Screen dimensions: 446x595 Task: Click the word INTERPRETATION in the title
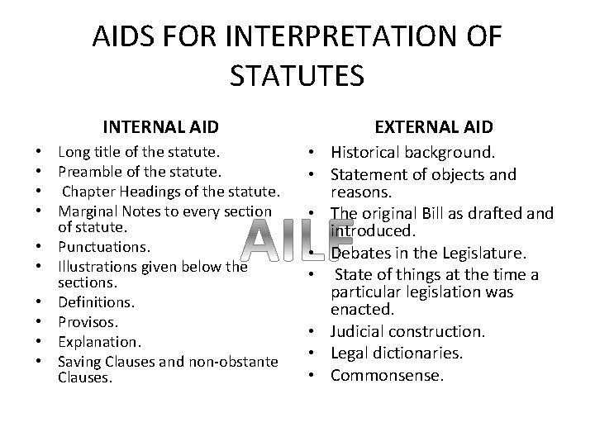point(347,37)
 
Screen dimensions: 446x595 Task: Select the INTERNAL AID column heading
point(160,126)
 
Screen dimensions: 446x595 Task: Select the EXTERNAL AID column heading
point(434,126)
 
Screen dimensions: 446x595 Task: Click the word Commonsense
point(387,374)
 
